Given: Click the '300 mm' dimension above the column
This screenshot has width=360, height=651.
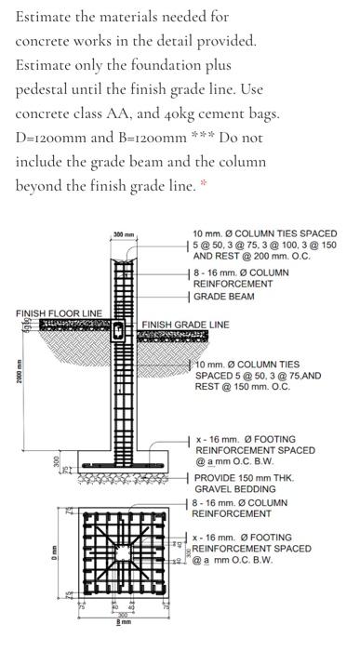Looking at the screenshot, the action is tap(124, 233).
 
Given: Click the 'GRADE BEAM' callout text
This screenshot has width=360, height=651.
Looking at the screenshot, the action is tap(222, 297).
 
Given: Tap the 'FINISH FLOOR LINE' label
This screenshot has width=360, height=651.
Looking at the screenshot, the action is tap(59, 313).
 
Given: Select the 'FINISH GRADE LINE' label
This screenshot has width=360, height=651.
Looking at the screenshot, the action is tap(185, 325).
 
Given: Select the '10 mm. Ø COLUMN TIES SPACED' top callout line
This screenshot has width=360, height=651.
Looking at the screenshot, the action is tap(265, 233).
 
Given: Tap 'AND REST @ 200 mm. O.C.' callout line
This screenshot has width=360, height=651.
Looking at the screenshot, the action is tap(248, 256).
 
